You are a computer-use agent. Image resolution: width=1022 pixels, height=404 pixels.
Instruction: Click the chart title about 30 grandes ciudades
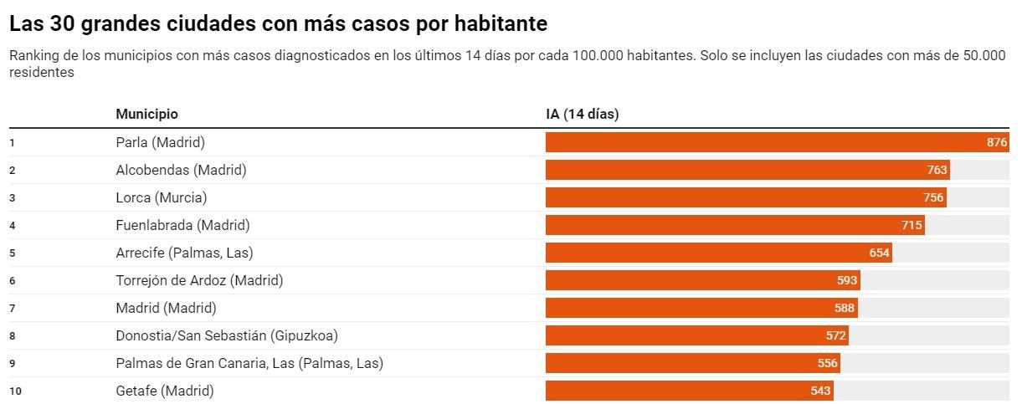(278, 24)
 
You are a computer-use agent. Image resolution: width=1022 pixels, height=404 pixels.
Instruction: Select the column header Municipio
(146, 114)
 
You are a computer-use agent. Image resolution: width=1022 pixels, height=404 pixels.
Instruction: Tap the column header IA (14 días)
(582, 114)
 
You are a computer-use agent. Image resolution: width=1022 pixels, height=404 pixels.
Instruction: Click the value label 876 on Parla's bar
(997, 143)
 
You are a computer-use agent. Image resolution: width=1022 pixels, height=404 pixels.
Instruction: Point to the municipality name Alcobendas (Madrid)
(181, 170)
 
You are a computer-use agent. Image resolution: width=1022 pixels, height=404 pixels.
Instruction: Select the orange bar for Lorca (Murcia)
(745, 197)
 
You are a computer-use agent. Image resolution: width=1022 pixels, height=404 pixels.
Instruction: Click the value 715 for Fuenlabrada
(912, 225)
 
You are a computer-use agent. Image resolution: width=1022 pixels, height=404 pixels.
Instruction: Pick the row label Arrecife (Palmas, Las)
(184, 253)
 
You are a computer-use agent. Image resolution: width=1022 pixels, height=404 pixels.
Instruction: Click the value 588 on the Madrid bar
(844, 308)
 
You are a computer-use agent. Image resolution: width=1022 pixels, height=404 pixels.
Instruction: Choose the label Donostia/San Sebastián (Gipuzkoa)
(227, 335)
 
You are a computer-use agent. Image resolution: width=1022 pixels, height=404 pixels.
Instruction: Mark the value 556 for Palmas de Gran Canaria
(827, 363)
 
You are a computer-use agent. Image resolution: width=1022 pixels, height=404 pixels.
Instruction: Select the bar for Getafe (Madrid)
(688, 391)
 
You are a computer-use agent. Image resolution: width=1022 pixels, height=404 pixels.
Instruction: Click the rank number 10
(14, 391)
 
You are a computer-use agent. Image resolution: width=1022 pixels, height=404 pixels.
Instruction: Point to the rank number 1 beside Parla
(12, 143)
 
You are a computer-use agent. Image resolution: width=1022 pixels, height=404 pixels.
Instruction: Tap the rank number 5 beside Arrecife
(12, 253)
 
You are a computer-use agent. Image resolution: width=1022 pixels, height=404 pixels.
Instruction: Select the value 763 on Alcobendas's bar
(937, 170)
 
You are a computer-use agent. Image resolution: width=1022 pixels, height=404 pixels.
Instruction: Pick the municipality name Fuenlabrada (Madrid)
(182, 225)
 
